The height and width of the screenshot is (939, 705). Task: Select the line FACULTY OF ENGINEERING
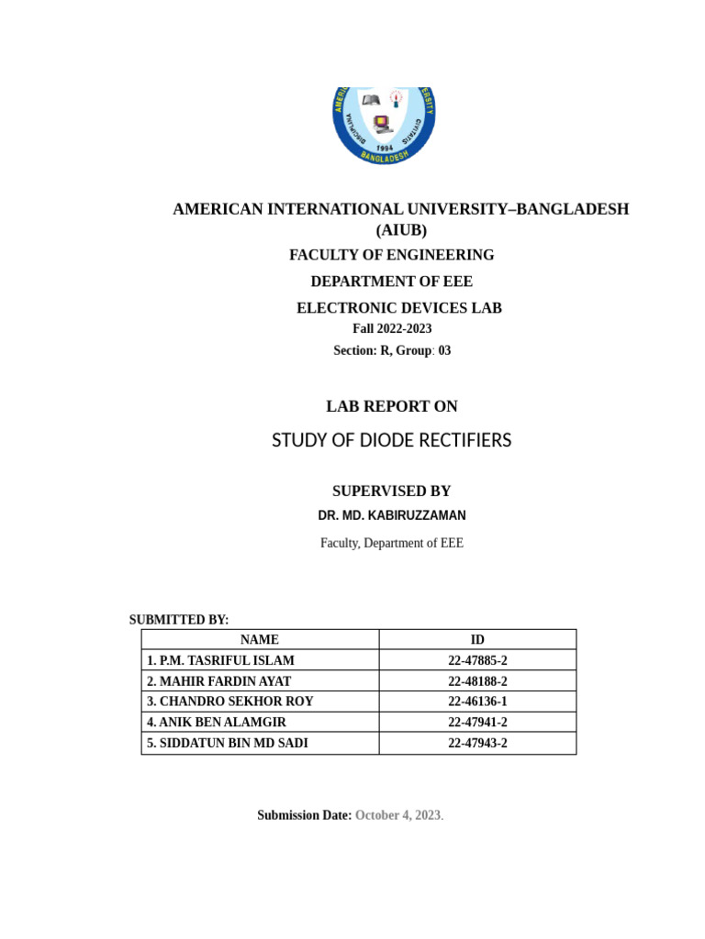(392, 255)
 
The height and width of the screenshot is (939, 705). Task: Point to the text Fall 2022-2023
(392, 328)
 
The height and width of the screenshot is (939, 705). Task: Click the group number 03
(444, 350)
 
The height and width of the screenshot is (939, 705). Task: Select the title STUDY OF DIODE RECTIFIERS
(392, 441)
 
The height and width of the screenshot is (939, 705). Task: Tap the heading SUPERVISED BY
(392, 492)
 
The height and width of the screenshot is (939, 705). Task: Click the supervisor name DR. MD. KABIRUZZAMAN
(392, 516)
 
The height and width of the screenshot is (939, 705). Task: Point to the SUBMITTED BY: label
(179, 620)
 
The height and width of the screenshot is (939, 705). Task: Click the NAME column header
(260, 640)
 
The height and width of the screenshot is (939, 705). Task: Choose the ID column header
(477, 640)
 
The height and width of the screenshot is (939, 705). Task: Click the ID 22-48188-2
(477, 681)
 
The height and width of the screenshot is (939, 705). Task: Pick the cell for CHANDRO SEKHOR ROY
(229, 701)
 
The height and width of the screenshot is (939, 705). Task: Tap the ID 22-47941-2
(477, 723)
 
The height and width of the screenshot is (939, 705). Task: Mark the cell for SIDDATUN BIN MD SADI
(228, 744)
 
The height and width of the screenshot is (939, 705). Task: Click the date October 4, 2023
(398, 815)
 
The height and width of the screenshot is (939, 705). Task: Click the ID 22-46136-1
(477, 701)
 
